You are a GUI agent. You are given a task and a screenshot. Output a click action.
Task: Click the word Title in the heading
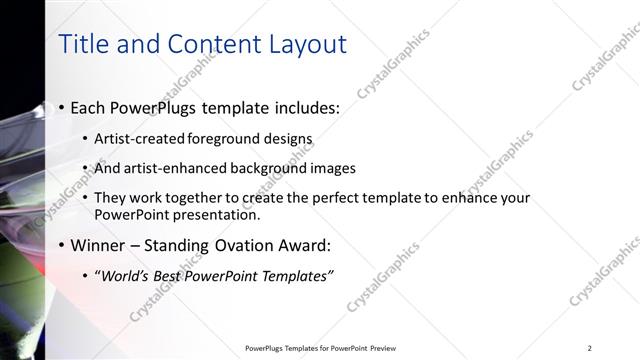click(85, 44)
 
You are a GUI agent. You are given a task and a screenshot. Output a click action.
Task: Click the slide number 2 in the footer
click(590, 348)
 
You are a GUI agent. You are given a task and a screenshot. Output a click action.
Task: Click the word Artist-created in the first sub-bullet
click(136, 139)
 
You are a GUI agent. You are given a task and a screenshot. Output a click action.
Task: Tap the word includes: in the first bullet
click(301, 107)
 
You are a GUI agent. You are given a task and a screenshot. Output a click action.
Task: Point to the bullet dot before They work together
click(84, 198)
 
